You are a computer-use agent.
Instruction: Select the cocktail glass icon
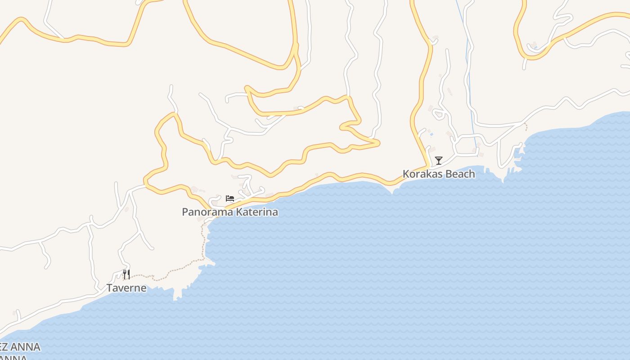point(439,160)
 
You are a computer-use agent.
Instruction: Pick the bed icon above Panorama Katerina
point(230,198)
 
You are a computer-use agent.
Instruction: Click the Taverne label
point(126,288)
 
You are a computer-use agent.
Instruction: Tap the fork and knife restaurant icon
point(126,274)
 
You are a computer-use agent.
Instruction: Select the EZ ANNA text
point(20,347)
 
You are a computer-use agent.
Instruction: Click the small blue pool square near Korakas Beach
point(432,134)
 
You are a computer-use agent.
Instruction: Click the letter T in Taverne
point(109,288)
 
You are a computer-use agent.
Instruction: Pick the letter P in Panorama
point(185,212)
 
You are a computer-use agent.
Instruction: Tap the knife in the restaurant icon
point(129,274)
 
